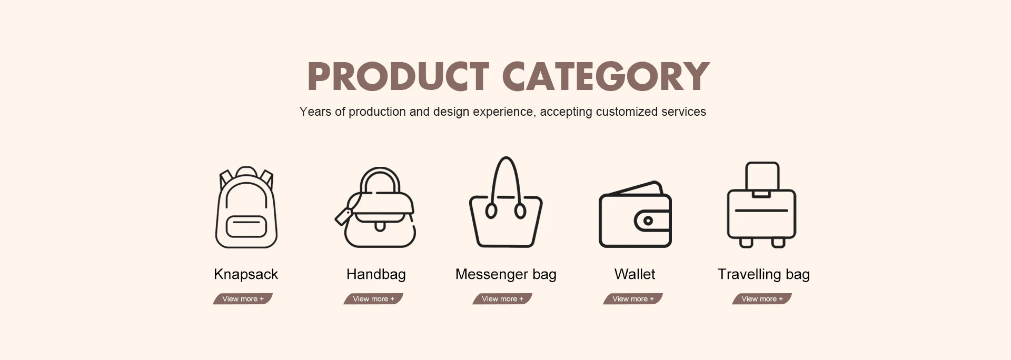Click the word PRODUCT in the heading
click(x=399, y=76)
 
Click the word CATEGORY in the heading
click(x=606, y=76)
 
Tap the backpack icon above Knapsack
click(x=246, y=207)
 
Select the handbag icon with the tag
click(x=375, y=207)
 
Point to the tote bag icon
click(x=506, y=202)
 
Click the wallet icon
click(x=635, y=214)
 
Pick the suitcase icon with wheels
click(x=761, y=205)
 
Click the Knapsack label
click(x=246, y=274)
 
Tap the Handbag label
click(x=376, y=274)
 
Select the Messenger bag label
click(x=506, y=274)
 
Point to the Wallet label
click(x=635, y=274)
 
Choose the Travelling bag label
click(x=764, y=274)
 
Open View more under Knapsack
click(x=243, y=299)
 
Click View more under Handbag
click(x=373, y=299)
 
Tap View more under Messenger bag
click(x=502, y=299)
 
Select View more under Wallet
click(x=633, y=299)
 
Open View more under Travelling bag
click(x=762, y=299)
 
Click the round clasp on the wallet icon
click(x=648, y=221)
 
